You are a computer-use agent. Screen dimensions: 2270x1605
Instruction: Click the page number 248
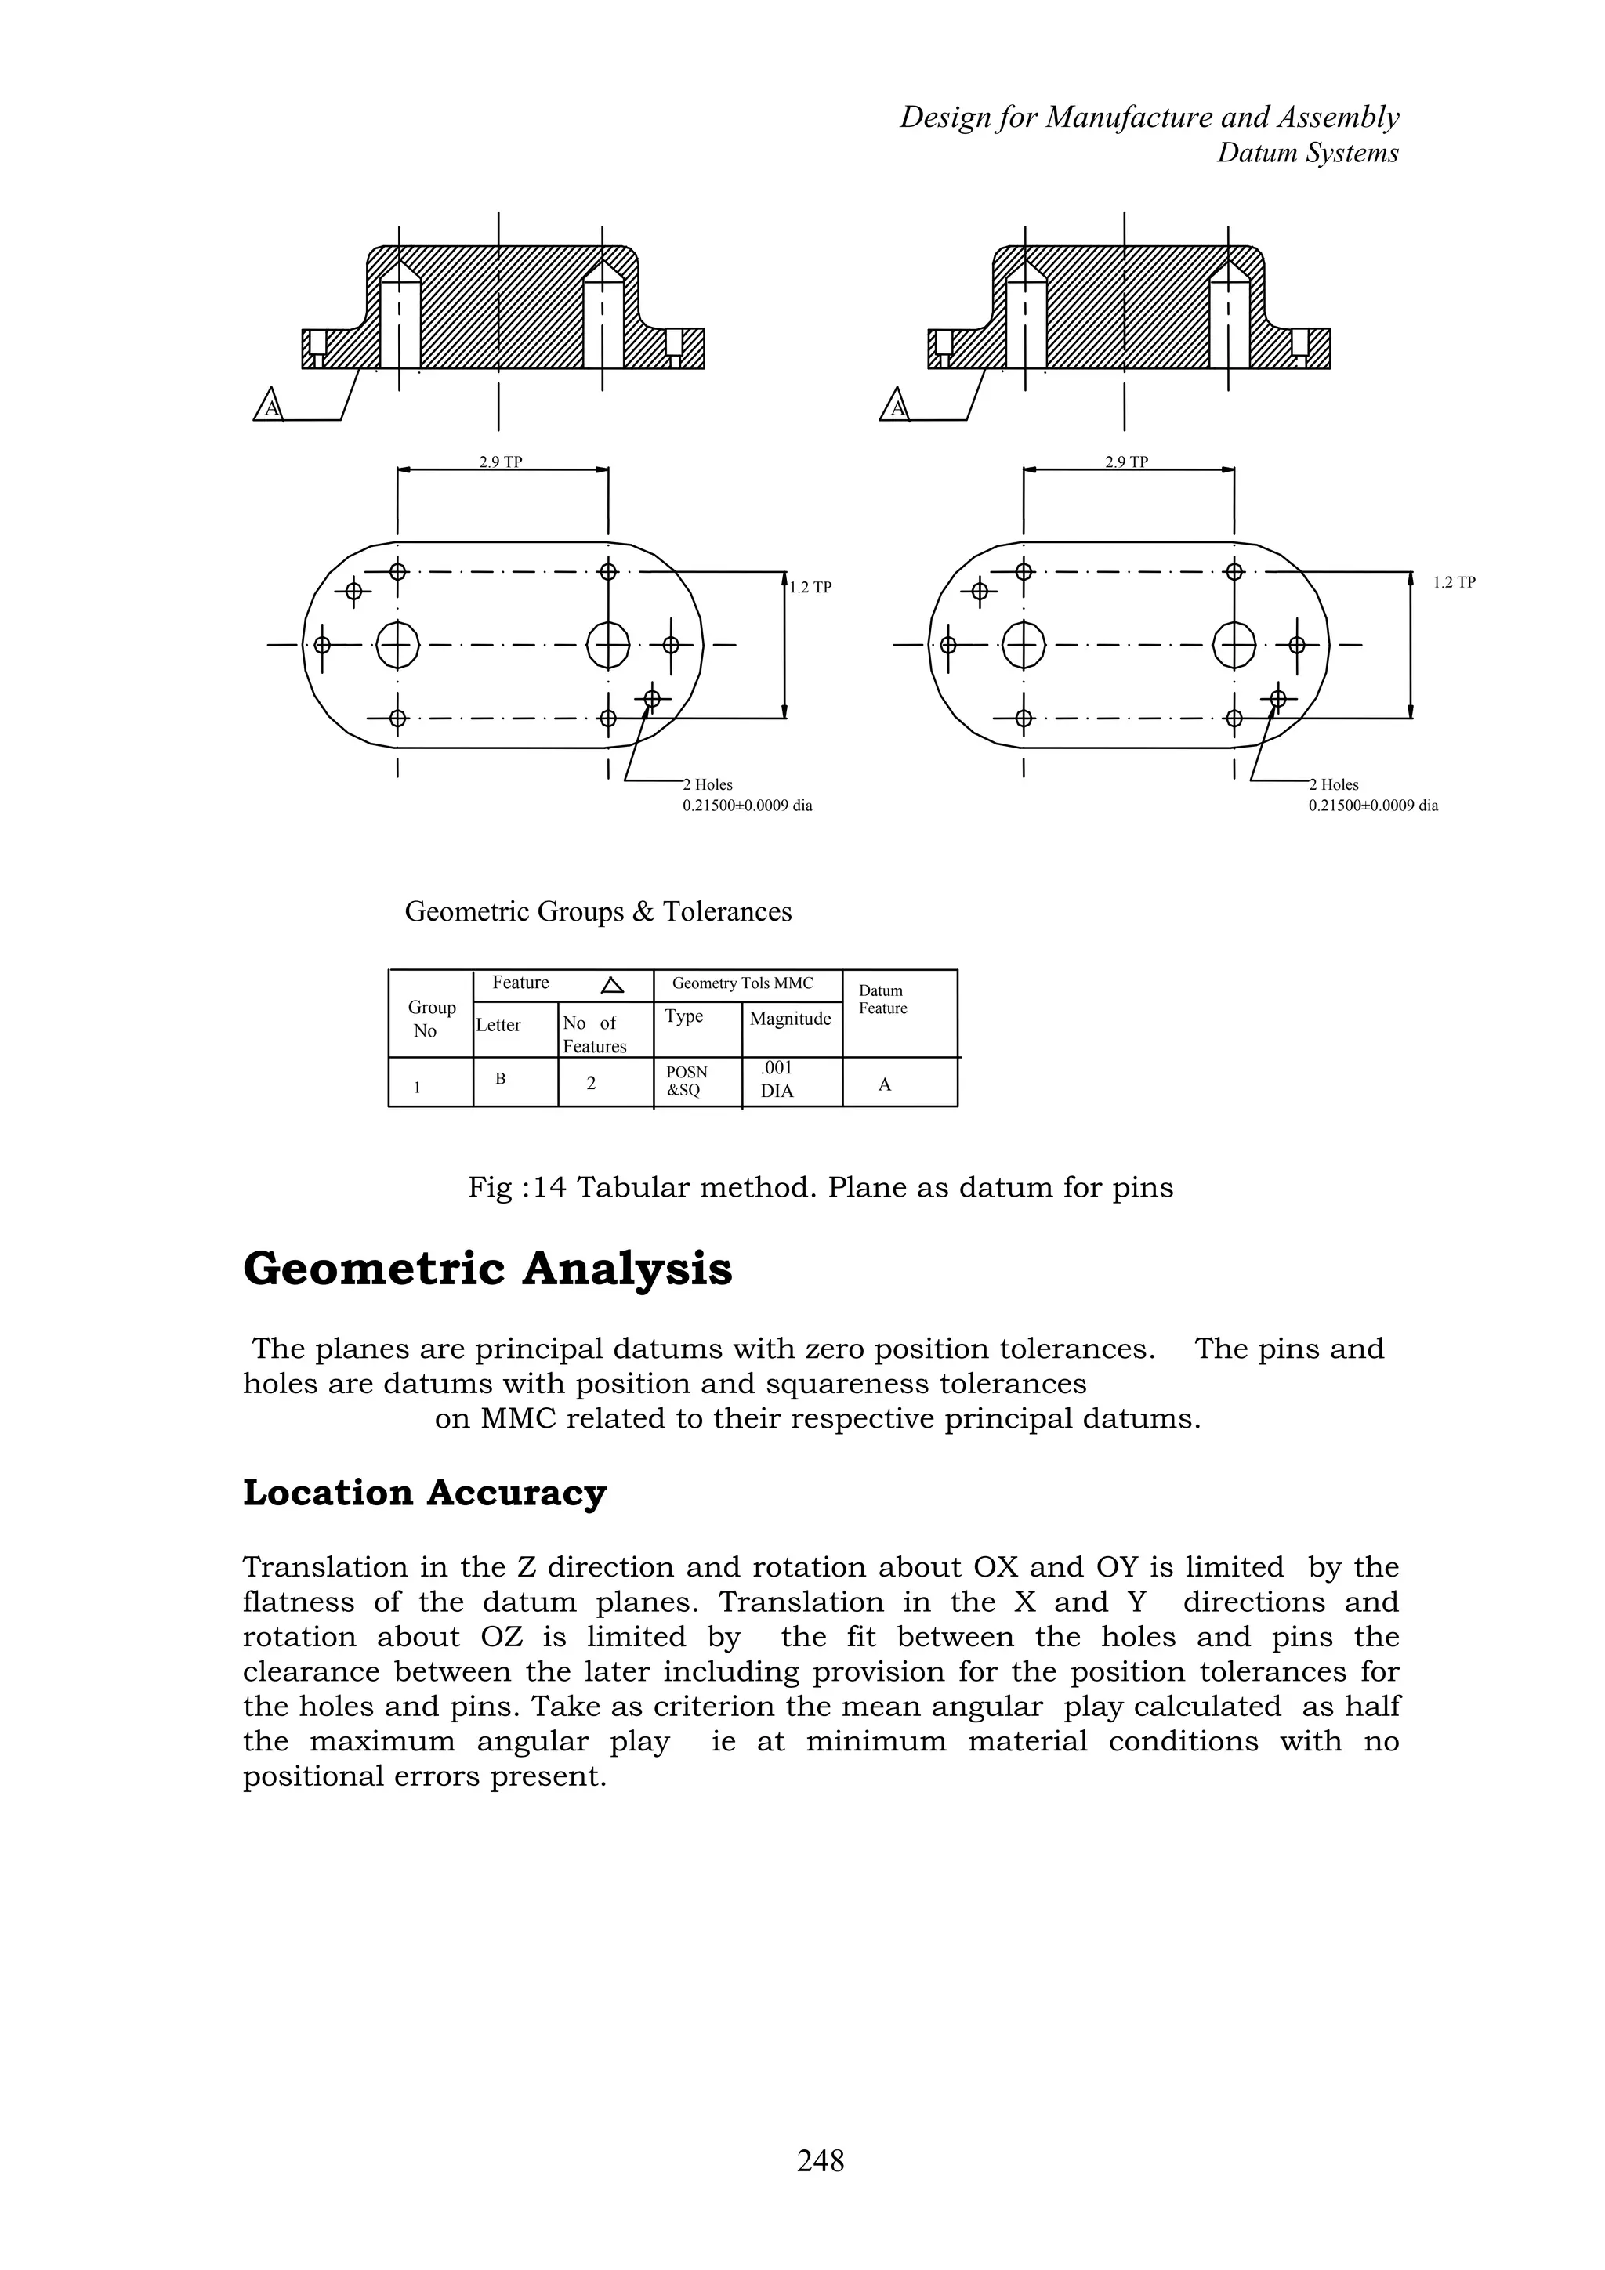coord(821,2160)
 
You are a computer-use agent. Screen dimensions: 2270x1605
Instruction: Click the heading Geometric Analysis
coord(487,1269)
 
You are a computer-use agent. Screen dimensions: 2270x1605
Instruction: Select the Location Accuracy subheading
coord(424,1492)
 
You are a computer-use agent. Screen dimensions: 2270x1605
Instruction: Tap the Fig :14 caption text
coord(820,1186)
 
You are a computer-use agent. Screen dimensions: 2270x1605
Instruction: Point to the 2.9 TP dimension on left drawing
coord(501,462)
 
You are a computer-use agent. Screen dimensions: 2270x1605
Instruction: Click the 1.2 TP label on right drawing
coord(1454,582)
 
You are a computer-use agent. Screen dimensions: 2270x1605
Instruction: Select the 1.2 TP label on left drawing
coord(810,587)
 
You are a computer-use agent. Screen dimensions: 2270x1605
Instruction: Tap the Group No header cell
coord(431,1019)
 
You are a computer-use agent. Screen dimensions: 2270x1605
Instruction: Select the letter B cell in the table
coord(501,1080)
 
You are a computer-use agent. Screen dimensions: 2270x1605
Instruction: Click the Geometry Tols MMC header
coord(743,983)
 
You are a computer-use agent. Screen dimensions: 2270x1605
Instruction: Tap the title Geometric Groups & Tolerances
coord(597,911)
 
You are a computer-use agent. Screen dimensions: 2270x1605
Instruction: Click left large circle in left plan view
coord(397,646)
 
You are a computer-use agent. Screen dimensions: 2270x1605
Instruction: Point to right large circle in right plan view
coord(1234,646)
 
